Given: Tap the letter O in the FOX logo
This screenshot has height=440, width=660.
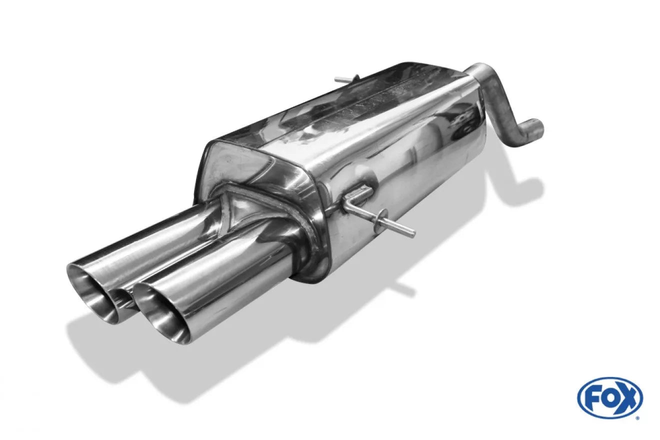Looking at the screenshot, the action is point(608,398).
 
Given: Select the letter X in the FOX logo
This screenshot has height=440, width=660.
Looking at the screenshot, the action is point(626,398).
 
